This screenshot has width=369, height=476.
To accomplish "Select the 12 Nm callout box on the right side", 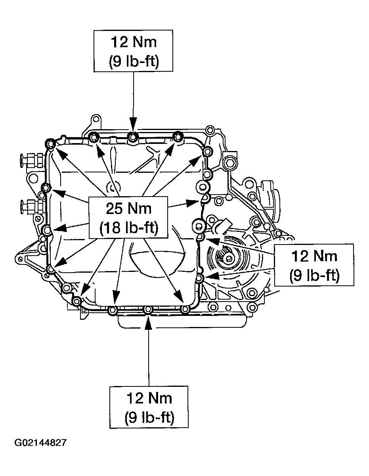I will [314, 264].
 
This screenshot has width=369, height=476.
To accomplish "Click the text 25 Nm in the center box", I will [128, 208].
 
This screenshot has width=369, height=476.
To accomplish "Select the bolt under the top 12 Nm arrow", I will [132, 137].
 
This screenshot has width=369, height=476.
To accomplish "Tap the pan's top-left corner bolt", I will [50, 143].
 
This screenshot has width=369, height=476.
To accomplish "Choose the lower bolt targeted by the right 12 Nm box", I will [200, 279].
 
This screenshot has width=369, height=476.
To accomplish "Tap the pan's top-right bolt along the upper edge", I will [178, 137].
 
